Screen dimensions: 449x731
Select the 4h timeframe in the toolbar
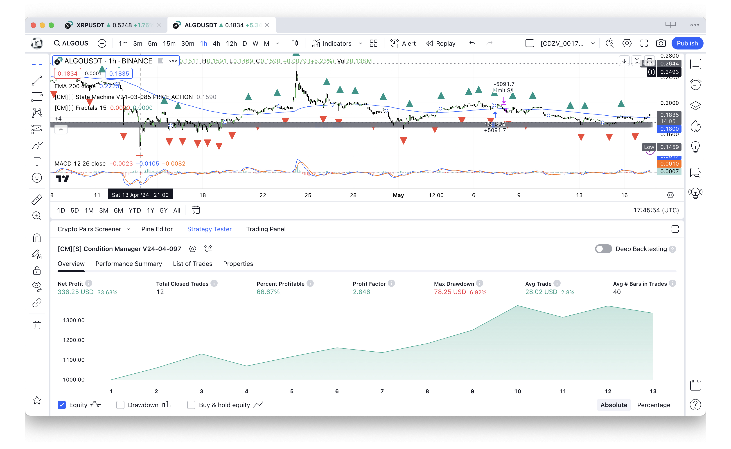[216, 44]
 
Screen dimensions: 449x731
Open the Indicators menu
[332, 44]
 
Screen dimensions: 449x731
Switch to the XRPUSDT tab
[90, 25]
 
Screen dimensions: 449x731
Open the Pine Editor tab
[157, 229]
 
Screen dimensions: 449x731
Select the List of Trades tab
[192, 264]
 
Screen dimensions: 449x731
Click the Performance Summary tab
[129, 264]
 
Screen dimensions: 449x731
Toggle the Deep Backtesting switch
[603, 249]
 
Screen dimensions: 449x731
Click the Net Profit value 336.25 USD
[75, 292]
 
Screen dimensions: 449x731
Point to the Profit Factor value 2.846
[361, 292]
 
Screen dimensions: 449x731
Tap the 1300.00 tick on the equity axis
[74, 320]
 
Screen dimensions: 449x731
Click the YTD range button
[135, 210]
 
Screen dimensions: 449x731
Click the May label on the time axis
[398, 195]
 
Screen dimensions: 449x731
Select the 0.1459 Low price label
[669, 147]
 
